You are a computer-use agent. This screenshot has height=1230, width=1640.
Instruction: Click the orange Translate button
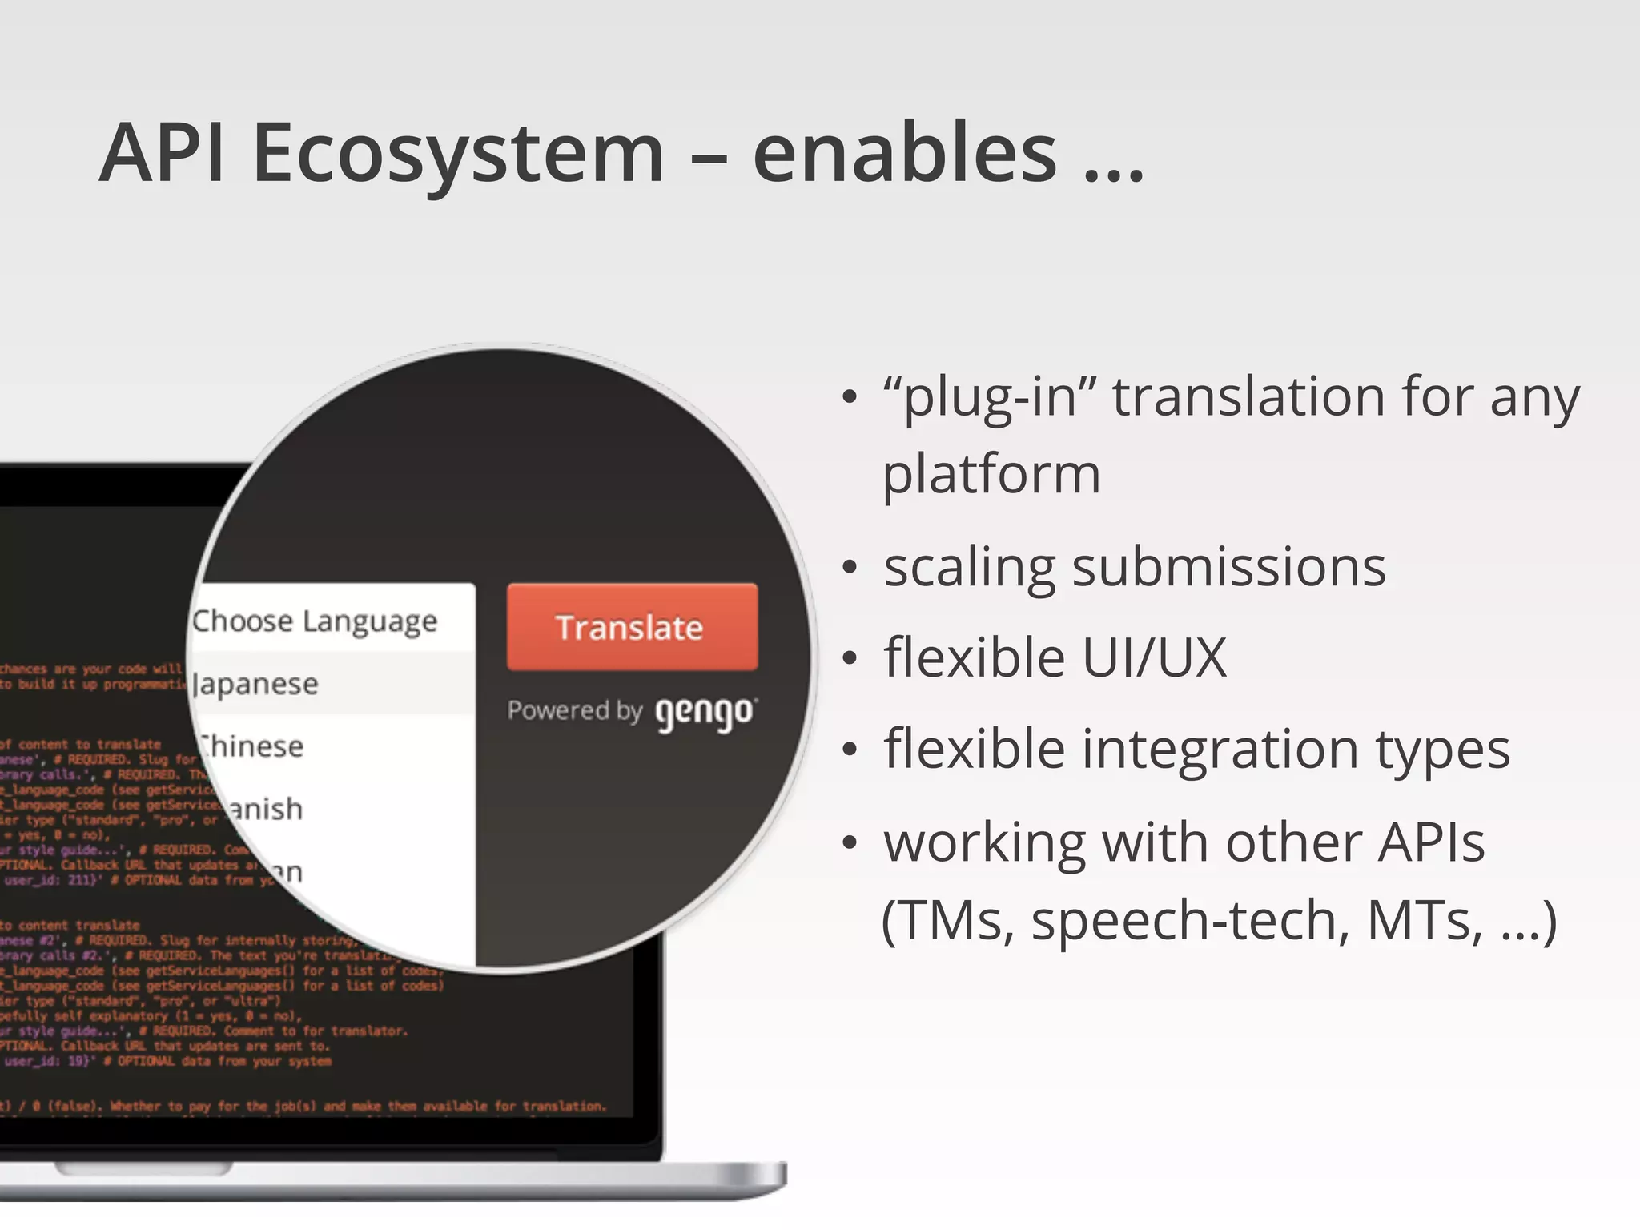pos(632,627)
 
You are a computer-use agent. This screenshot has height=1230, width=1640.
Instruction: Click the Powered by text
pos(574,710)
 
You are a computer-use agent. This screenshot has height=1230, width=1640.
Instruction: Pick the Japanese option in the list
pos(256,684)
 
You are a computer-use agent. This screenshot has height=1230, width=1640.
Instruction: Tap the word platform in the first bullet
pos(991,474)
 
